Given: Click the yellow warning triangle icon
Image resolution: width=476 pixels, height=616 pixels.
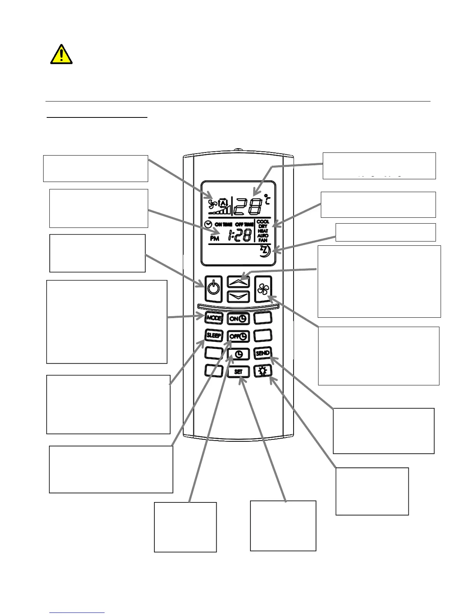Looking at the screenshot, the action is pyautogui.click(x=61, y=54).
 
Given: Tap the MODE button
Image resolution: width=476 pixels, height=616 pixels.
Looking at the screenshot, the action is pyautogui.click(x=213, y=318).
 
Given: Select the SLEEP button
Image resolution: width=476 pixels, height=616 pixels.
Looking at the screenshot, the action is pyautogui.click(x=213, y=335).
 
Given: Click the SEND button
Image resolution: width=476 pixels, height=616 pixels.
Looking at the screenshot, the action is pyautogui.click(x=262, y=353).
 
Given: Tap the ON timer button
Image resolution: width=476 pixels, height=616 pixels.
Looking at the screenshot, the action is pyautogui.click(x=238, y=318).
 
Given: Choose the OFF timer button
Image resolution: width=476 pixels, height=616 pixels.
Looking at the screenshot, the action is pyautogui.click(x=238, y=336).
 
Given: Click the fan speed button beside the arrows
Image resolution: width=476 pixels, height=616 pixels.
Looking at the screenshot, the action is pyautogui.click(x=263, y=289).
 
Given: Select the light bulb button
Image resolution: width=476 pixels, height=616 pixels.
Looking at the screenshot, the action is pyautogui.click(x=262, y=371).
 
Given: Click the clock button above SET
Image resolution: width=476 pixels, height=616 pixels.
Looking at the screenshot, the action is pyautogui.click(x=238, y=354).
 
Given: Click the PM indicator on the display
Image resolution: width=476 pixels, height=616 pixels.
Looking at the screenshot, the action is pyautogui.click(x=215, y=238).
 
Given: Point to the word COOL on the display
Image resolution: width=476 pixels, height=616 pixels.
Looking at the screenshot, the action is pyautogui.click(x=263, y=222).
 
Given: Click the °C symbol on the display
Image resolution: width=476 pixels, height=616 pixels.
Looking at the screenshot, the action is pyautogui.click(x=267, y=199).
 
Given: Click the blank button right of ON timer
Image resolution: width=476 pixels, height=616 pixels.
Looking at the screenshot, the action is pyautogui.click(x=262, y=318).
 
